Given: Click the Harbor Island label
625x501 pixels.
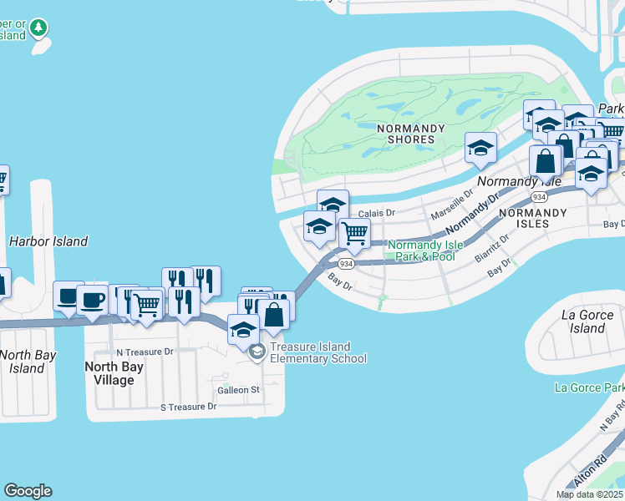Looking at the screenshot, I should pyautogui.click(x=48, y=241).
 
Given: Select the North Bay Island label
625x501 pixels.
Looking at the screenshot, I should pyautogui.click(x=27, y=362).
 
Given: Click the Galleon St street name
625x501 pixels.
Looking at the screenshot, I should pyautogui.click(x=239, y=390).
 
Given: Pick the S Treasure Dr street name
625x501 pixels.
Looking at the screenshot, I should pyautogui.click(x=188, y=407).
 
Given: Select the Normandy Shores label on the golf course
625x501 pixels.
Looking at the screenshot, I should pyautogui.click(x=405, y=133).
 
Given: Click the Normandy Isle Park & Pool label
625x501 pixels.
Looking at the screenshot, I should pyautogui.click(x=424, y=250).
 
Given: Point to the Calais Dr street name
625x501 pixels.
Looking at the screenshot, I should pyautogui.click(x=377, y=214).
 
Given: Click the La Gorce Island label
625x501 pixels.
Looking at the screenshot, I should pyautogui.click(x=587, y=321).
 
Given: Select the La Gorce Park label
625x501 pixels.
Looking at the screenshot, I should pyautogui.click(x=590, y=387).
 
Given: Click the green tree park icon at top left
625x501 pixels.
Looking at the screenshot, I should pyautogui.click(x=38, y=29).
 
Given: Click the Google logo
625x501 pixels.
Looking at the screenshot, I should pyautogui.click(x=28, y=491).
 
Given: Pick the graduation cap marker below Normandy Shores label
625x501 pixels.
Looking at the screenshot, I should pyautogui.click(x=480, y=148).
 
